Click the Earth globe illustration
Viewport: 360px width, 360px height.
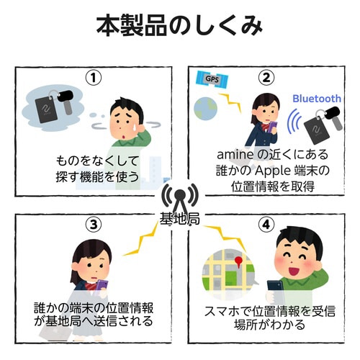204,108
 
